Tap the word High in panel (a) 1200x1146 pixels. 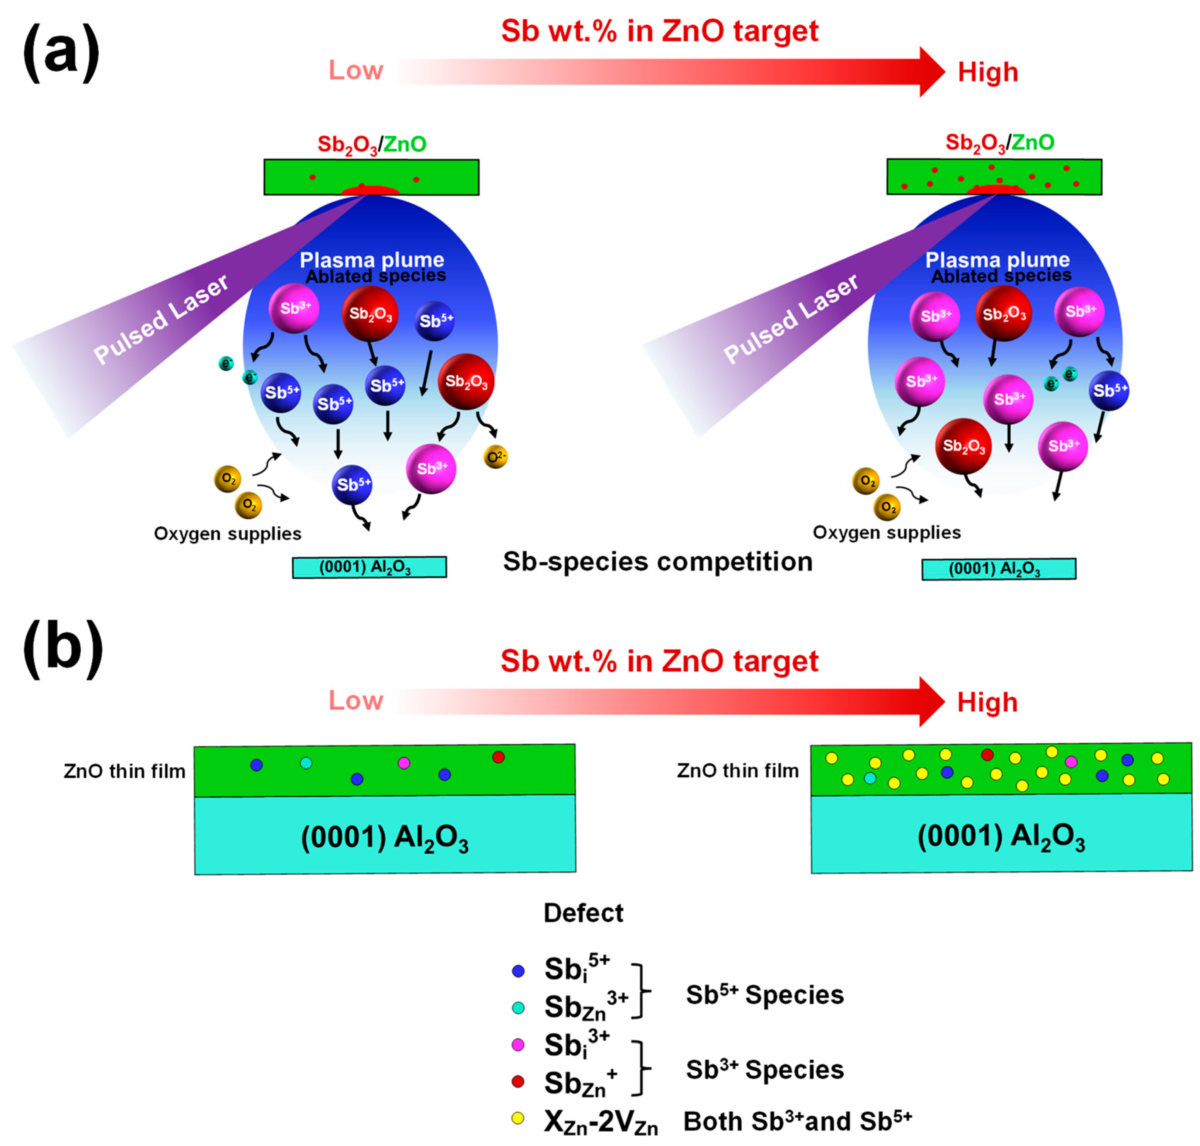point(987,72)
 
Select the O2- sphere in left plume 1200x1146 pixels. point(495,456)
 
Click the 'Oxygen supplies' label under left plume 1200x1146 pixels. point(227,533)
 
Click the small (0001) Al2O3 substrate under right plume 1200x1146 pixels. point(998,569)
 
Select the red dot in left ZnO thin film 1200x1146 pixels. point(498,757)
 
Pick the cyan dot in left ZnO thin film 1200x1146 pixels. point(306,762)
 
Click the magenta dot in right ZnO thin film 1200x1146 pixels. point(1071,761)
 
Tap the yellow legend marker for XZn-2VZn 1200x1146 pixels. point(518,1118)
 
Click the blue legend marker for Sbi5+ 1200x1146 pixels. point(518,971)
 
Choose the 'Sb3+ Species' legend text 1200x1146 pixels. point(764,1069)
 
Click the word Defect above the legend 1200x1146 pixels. point(583,913)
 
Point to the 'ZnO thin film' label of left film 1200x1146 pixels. point(125,771)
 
